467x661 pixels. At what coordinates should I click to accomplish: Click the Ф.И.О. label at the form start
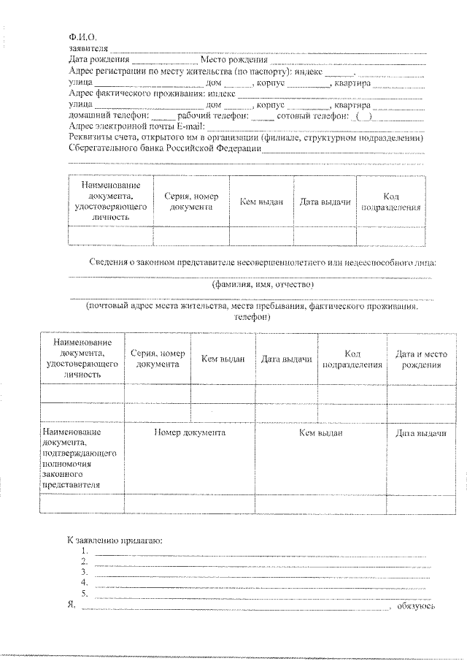pyautogui.click(x=82, y=37)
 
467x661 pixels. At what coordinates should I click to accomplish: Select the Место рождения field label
pyautogui.click(x=238, y=60)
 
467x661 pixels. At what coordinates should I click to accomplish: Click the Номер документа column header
pyautogui.click(x=189, y=432)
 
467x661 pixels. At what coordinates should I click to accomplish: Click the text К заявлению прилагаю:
pyautogui.click(x=115, y=540)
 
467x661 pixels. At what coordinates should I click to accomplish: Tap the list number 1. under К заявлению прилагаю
pyautogui.click(x=85, y=551)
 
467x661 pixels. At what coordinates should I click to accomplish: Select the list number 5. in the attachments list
pyautogui.click(x=85, y=593)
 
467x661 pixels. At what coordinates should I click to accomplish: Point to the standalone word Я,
pyautogui.click(x=71, y=605)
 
